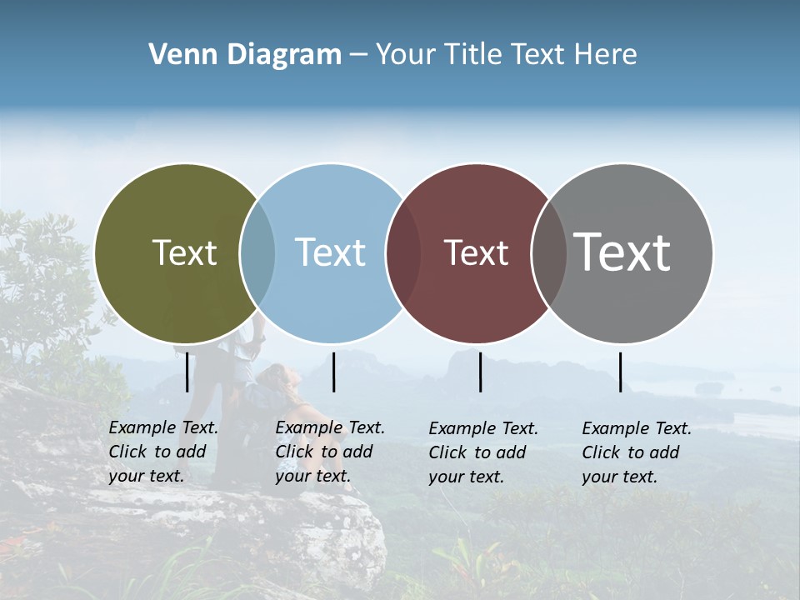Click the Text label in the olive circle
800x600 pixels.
pos(184,252)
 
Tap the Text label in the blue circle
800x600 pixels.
pos(330,252)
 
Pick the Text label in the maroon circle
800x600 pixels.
pos(476,252)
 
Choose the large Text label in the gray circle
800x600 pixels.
pos(622,252)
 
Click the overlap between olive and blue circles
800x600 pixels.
pos(257,252)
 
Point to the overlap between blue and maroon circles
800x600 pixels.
pos(403,252)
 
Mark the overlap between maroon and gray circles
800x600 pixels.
pos(548,252)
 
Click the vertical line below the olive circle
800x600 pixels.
pos(187,372)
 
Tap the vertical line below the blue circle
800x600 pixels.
pos(333,372)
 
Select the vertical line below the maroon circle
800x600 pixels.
pos(480,372)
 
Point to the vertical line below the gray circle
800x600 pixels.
pos(620,372)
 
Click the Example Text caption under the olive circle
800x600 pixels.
pos(163,452)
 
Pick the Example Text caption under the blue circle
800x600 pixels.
pos(330,452)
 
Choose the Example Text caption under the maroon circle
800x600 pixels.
pos(483,452)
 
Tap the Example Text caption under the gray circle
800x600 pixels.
pos(637,452)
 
